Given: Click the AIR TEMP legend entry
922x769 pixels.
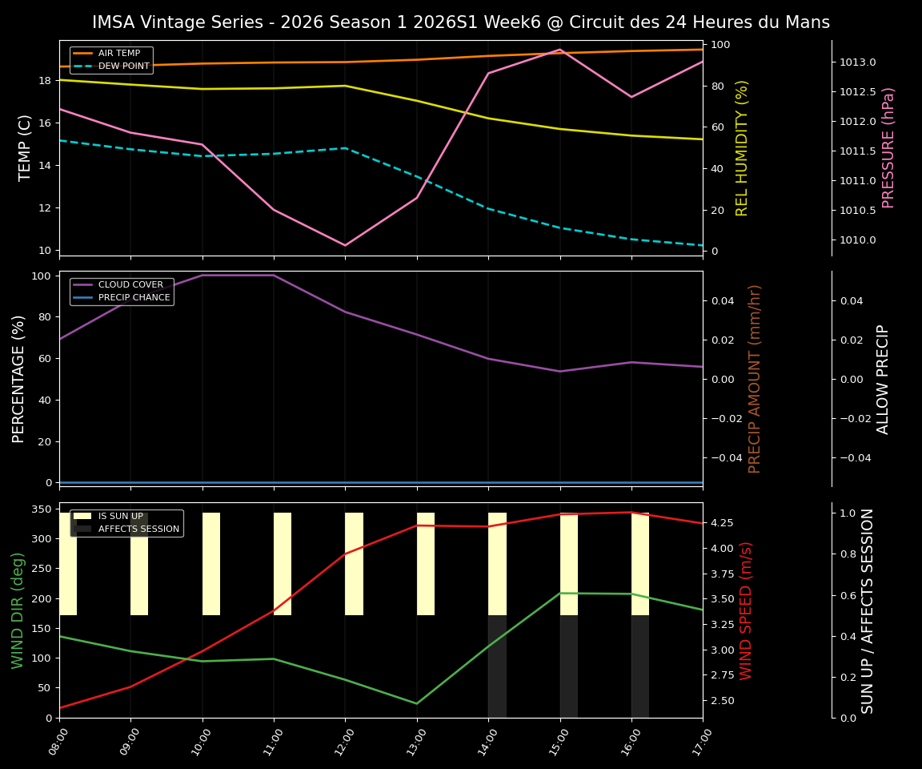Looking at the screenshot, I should pyautogui.click(x=118, y=54).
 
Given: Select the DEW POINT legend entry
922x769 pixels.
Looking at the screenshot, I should pyautogui.click(x=123, y=66).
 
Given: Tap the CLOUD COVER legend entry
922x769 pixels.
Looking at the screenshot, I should pyautogui.click(x=130, y=285).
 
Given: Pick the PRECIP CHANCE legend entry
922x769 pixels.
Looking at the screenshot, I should pyautogui.click(x=134, y=298).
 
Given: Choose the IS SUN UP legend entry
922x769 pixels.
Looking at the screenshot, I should pyautogui.click(x=120, y=517).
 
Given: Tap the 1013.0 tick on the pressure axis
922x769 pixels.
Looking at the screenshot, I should pyautogui.click(x=857, y=62).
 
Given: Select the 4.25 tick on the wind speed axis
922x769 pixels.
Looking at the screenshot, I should pyautogui.click(x=723, y=523).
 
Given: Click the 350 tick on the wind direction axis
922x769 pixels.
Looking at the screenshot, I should pyautogui.click(x=42, y=509).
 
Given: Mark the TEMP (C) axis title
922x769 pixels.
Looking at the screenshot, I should pyautogui.click(x=26, y=147).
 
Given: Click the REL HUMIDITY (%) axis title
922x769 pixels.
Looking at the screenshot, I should pyautogui.click(x=742, y=147).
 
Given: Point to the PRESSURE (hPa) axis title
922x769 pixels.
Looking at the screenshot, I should pyautogui.click(x=888, y=147).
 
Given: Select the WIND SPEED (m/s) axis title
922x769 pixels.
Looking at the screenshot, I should pyautogui.click(x=746, y=610).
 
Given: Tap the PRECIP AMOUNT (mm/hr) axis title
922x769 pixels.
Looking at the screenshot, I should pyautogui.click(x=755, y=378).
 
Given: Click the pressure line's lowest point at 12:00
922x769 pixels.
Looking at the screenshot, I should pyautogui.click(x=345, y=245).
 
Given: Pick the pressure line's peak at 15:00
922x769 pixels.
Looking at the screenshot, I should pyautogui.click(x=560, y=50).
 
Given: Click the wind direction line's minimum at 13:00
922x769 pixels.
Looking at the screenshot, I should pyautogui.click(x=416, y=703).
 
